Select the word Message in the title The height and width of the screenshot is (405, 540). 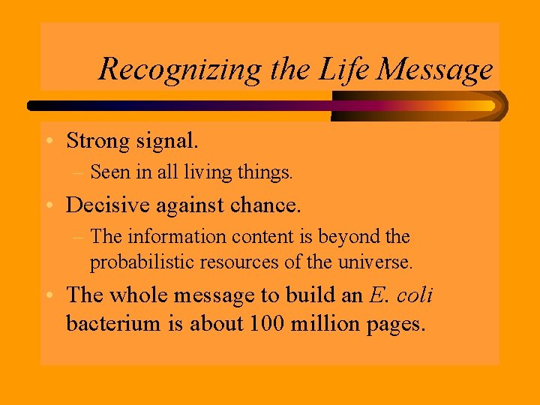click(436, 70)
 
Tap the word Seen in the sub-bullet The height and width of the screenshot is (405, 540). click(109, 172)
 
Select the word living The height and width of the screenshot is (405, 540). click(207, 172)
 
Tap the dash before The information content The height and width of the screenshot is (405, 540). click(79, 237)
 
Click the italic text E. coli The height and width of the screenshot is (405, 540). click(401, 295)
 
